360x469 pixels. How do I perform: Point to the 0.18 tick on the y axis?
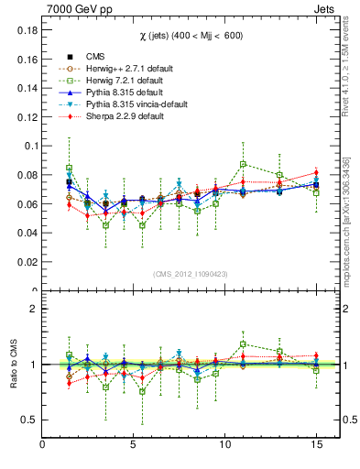pyautogui.click(x=24, y=29)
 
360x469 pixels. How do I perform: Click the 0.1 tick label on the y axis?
pyautogui.click(x=27, y=146)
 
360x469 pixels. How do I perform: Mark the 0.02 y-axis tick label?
pyautogui.click(x=24, y=262)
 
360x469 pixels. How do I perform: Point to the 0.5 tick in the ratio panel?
pyautogui.click(x=27, y=420)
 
